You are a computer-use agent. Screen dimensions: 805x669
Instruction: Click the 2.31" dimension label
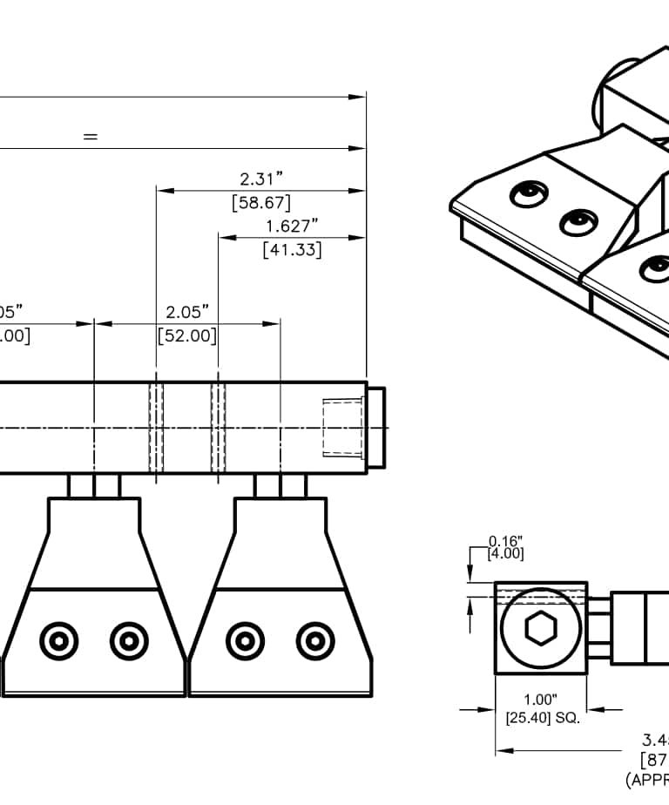click(261, 179)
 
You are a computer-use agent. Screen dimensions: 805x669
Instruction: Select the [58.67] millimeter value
click(261, 203)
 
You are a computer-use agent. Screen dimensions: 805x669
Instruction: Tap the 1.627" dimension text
click(292, 227)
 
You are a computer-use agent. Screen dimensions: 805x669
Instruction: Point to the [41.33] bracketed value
click(292, 249)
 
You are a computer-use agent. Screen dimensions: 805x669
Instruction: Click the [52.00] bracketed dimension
click(187, 335)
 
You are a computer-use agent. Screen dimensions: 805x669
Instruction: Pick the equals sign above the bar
click(90, 137)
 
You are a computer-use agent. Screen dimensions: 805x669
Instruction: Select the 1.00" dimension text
click(540, 700)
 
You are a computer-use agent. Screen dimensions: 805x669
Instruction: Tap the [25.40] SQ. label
click(542, 719)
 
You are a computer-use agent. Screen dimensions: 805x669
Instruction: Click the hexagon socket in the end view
click(540, 628)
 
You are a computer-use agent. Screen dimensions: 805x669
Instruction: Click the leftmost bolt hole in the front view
click(59, 642)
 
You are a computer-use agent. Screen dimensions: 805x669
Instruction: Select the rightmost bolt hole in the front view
click(314, 642)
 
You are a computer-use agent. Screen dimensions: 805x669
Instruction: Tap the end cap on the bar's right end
click(376, 427)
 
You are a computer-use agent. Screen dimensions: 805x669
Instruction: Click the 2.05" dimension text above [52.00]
click(187, 312)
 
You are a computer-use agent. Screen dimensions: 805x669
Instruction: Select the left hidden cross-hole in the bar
click(157, 427)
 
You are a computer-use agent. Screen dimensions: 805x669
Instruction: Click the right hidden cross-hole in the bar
click(218, 427)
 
